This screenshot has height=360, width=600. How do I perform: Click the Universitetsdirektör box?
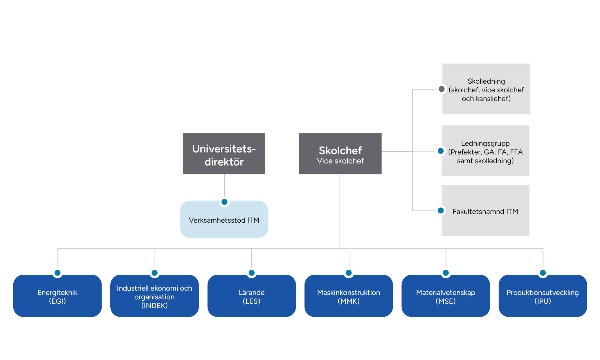tap(224, 154)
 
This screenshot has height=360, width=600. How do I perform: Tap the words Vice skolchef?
tap(340, 161)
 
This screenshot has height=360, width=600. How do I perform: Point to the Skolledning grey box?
tap(486, 89)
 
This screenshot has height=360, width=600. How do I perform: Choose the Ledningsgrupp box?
tap(485, 152)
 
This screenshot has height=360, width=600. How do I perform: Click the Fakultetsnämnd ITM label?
tap(485, 211)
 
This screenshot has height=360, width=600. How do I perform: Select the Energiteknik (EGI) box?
tap(57, 296)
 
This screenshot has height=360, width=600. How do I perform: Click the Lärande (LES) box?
tap(251, 296)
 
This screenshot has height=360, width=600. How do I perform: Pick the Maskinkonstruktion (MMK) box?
tap(348, 296)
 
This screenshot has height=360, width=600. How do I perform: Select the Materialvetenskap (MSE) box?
tap(446, 296)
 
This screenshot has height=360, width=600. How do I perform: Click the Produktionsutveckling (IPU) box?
tap(543, 296)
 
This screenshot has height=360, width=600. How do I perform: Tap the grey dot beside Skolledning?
tap(442, 89)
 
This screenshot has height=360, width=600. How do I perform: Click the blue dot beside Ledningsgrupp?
tap(441, 151)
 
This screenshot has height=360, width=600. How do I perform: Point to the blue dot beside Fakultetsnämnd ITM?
tap(441, 210)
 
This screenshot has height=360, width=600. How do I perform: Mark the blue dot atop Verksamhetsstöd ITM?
tap(224, 202)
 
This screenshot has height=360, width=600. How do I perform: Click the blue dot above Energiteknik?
tap(57, 273)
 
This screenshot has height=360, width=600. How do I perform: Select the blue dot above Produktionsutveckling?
tap(543, 273)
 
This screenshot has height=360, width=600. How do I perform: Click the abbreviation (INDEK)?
tap(154, 305)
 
